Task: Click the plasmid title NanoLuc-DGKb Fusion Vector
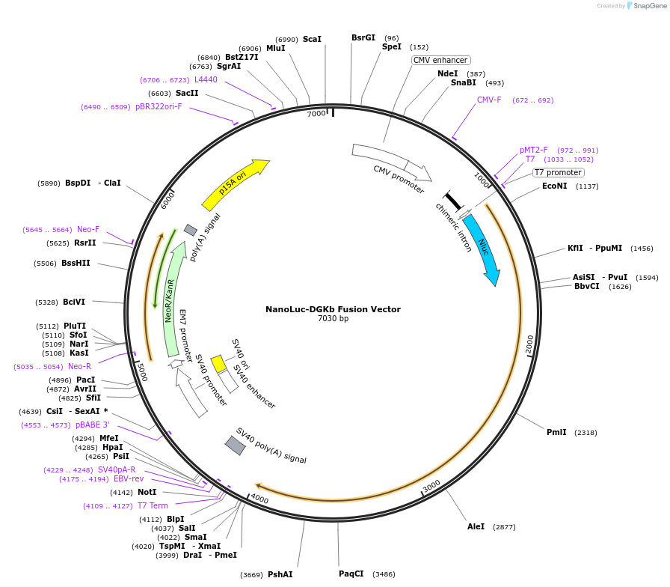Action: pos(333,309)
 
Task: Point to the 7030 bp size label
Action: pos(333,319)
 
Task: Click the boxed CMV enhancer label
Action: pos(440,60)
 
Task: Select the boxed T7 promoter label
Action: pos(558,172)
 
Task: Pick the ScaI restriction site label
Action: pos(312,39)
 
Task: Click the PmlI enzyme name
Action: pos(556,432)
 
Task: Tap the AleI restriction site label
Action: pos(476,526)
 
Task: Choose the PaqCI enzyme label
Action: pos(351,574)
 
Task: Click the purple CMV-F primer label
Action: pos(489,100)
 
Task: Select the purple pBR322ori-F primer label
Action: pos(159,106)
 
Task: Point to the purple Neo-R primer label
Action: pos(79,366)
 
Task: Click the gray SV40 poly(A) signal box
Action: pos(236,445)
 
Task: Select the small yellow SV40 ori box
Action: pos(218,364)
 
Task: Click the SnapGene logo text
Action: pos(647,6)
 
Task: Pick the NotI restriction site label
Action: pos(147,492)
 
